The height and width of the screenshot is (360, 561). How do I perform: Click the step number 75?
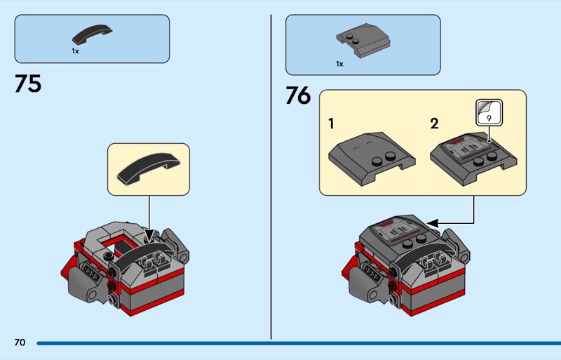(28, 84)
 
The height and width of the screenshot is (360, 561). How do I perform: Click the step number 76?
(299, 95)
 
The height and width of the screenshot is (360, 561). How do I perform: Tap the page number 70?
(20, 342)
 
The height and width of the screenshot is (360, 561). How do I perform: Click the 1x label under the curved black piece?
(75, 51)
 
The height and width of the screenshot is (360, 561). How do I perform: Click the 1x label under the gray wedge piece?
(339, 64)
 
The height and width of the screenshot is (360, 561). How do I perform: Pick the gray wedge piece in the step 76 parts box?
(363, 41)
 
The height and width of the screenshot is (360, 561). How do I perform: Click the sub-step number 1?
(331, 124)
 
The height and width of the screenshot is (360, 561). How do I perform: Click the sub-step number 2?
(434, 124)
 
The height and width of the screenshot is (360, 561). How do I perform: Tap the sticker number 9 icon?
(489, 113)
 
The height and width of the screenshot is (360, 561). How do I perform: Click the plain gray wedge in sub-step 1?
(372, 159)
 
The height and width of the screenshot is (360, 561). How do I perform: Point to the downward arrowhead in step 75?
(149, 236)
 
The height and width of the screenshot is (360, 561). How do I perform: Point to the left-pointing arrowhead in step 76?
(432, 224)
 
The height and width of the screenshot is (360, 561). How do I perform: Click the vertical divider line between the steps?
(271, 177)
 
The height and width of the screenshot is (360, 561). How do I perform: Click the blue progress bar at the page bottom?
(299, 344)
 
